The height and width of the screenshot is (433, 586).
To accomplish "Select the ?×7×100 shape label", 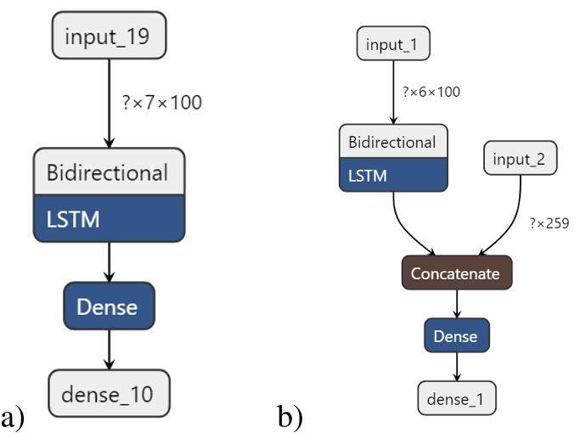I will tap(161, 104).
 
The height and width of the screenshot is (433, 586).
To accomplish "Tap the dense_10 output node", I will tap(109, 393).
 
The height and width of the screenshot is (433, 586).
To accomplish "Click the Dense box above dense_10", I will tap(109, 306).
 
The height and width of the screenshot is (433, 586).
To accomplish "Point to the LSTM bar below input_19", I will tap(109, 219).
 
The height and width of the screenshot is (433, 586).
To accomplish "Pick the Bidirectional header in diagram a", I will tap(109, 174).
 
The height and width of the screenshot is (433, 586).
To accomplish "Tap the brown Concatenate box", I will tap(457, 273).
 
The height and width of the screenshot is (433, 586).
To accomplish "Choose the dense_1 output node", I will tap(457, 397).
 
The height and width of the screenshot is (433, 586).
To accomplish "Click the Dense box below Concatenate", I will tap(457, 336).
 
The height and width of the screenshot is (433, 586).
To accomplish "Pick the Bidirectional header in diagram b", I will tap(392, 142).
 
